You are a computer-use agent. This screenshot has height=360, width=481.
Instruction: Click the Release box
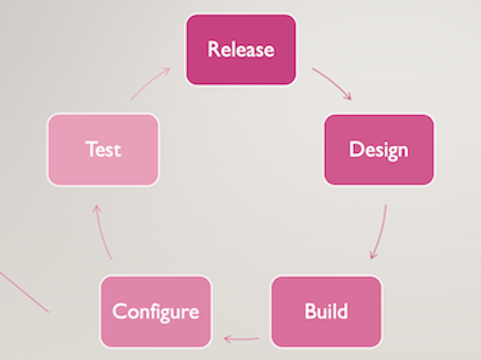tap(241, 49)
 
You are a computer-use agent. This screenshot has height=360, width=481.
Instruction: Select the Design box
tap(379, 149)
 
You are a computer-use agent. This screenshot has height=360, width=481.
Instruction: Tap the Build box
tap(326, 311)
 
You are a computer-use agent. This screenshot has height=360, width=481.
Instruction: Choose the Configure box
tap(156, 311)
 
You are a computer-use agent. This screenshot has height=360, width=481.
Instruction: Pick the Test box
tap(103, 149)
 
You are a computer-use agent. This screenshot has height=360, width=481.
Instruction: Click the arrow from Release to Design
tap(333, 81)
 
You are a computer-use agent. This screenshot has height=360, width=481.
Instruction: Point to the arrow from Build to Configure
tap(241, 339)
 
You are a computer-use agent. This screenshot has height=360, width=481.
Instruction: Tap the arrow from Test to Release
tap(150, 83)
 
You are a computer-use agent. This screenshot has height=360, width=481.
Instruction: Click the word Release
tap(241, 49)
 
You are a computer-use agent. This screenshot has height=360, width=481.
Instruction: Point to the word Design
tap(379, 150)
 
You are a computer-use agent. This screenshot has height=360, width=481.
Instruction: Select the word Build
tap(326, 311)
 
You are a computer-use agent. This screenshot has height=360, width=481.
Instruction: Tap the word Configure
tap(156, 312)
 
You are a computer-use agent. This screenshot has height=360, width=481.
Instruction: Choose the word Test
tap(103, 149)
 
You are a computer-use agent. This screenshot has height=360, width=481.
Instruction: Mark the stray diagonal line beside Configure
tap(24, 292)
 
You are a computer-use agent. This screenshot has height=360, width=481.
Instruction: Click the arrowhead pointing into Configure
tap(227, 339)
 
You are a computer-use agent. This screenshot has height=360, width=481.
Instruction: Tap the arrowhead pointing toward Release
tap(166, 71)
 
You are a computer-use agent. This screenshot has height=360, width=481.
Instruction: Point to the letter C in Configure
tap(120, 311)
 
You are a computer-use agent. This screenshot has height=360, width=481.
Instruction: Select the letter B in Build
tap(310, 311)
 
